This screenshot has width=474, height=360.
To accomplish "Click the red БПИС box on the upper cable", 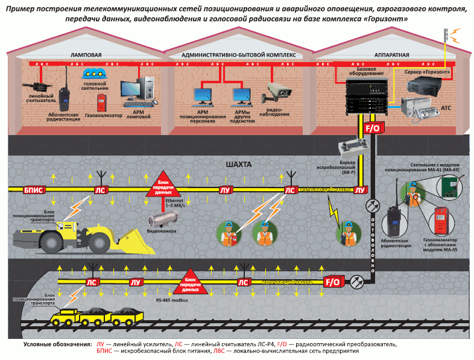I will tap(33, 190).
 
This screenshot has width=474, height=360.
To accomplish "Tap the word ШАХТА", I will tap(238, 164).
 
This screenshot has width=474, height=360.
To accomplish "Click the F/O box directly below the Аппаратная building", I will tap(371, 129).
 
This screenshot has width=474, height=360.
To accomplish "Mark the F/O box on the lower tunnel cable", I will tap(332, 282).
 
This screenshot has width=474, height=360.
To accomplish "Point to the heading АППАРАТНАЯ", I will tap(391, 54).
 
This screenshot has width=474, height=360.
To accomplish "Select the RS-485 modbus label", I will tap(171, 300).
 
